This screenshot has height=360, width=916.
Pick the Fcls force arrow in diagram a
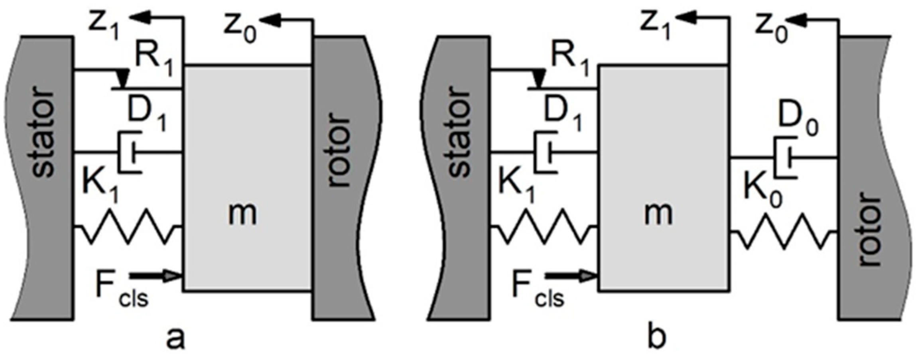[156, 276]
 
